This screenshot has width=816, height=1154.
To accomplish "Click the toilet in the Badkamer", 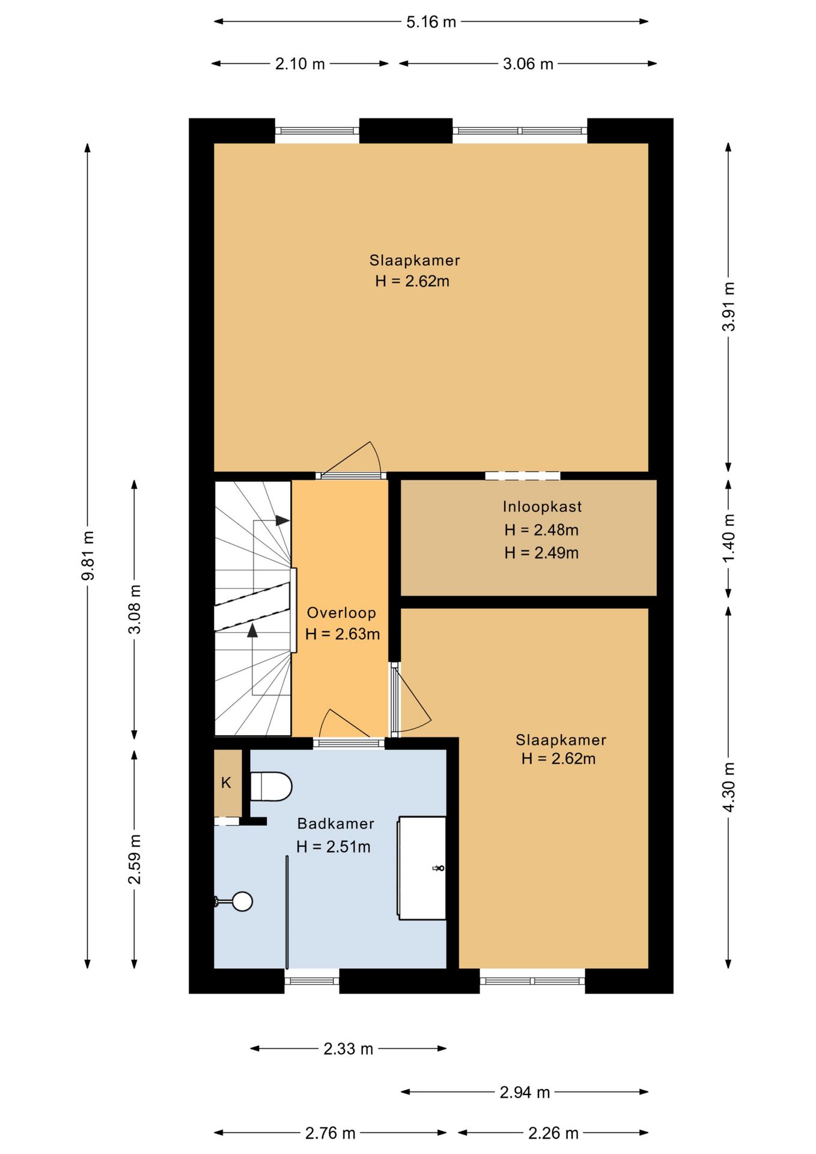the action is [271, 786].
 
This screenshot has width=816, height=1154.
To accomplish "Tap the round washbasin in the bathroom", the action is [242, 901].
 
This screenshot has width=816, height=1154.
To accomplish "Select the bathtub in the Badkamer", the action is [422, 867].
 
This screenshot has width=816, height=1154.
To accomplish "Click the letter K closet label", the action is [226, 783].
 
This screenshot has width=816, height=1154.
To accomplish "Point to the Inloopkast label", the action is [542, 507].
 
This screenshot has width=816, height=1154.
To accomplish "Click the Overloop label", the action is [341, 613].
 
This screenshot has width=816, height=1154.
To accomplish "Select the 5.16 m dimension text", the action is [431, 22].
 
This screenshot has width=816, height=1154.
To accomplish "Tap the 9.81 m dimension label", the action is [88, 555].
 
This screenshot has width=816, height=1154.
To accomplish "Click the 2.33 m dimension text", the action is [349, 1049].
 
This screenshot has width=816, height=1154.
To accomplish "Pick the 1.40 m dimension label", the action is [728, 539].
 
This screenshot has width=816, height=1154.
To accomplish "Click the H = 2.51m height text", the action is [333, 847].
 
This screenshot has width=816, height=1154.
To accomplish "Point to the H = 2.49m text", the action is [541, 553].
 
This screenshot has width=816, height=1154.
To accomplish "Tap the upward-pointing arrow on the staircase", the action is [252, 630].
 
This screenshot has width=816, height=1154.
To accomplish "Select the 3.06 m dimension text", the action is [528, 64].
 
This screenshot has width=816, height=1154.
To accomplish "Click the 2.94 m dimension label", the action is [525, 1092].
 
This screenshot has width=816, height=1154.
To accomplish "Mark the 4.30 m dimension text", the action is [728, 787].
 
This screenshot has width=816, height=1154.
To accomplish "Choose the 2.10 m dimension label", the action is [300, 64].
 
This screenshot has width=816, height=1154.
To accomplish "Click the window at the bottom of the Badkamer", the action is [312, 981].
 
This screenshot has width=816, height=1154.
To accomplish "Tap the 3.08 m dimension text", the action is [135, 609].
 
